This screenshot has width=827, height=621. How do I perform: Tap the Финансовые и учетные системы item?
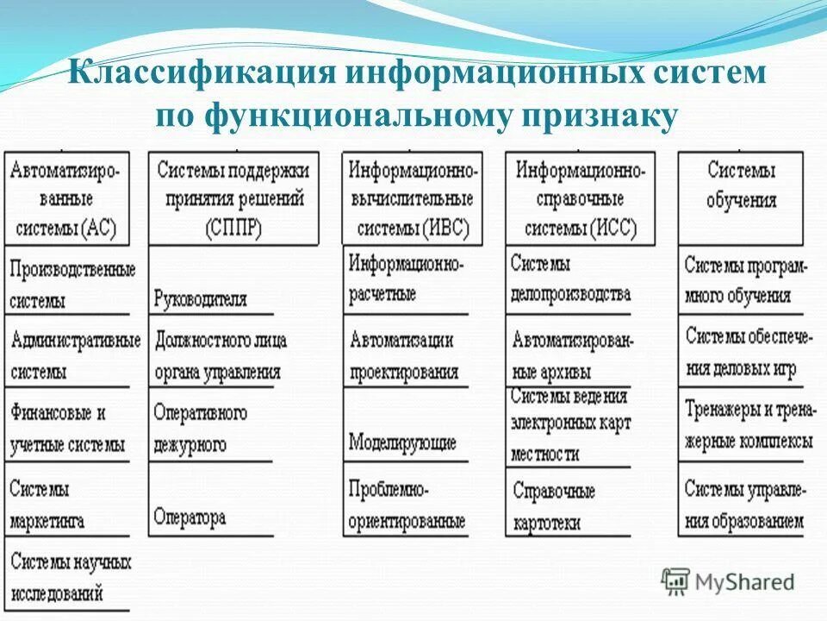(x=67, y=429)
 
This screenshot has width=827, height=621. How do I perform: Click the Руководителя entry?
(x=200, y=299)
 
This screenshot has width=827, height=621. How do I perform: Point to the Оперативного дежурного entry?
(x=200, y=429)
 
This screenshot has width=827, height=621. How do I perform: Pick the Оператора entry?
(x=190, y=517)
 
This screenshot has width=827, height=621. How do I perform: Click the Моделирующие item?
(x=402, y=443)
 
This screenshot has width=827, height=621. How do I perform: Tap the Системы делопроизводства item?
(x=569, y=279)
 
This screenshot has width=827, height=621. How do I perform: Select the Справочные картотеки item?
(x=553, y=506)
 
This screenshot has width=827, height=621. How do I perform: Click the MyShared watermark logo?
(x=729, y=581)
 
